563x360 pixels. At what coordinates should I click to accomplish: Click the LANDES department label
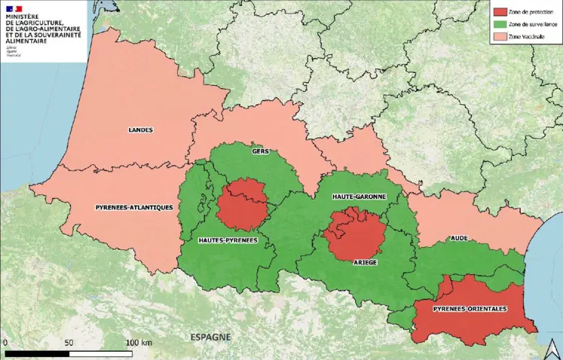click(140, 130)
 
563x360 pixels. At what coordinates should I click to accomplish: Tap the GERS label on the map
click(261, 151)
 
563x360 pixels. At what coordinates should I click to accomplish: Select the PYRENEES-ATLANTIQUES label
click(135, 206)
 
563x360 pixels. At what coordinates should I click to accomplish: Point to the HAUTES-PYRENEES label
click(228, 240)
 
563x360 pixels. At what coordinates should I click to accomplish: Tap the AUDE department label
click(460, 238)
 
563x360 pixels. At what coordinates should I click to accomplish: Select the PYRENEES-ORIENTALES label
click(470, 309)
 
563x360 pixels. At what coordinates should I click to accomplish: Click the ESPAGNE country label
click(210, 337)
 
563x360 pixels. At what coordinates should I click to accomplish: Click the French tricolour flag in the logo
click(14, 9)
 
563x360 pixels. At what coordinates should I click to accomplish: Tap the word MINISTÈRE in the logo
click(23, 18)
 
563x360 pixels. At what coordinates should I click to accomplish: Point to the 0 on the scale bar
click(5, 343)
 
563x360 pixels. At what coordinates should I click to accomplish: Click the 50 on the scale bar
click(69, 343)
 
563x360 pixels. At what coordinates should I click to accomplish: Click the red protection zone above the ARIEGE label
click(354, 233)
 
